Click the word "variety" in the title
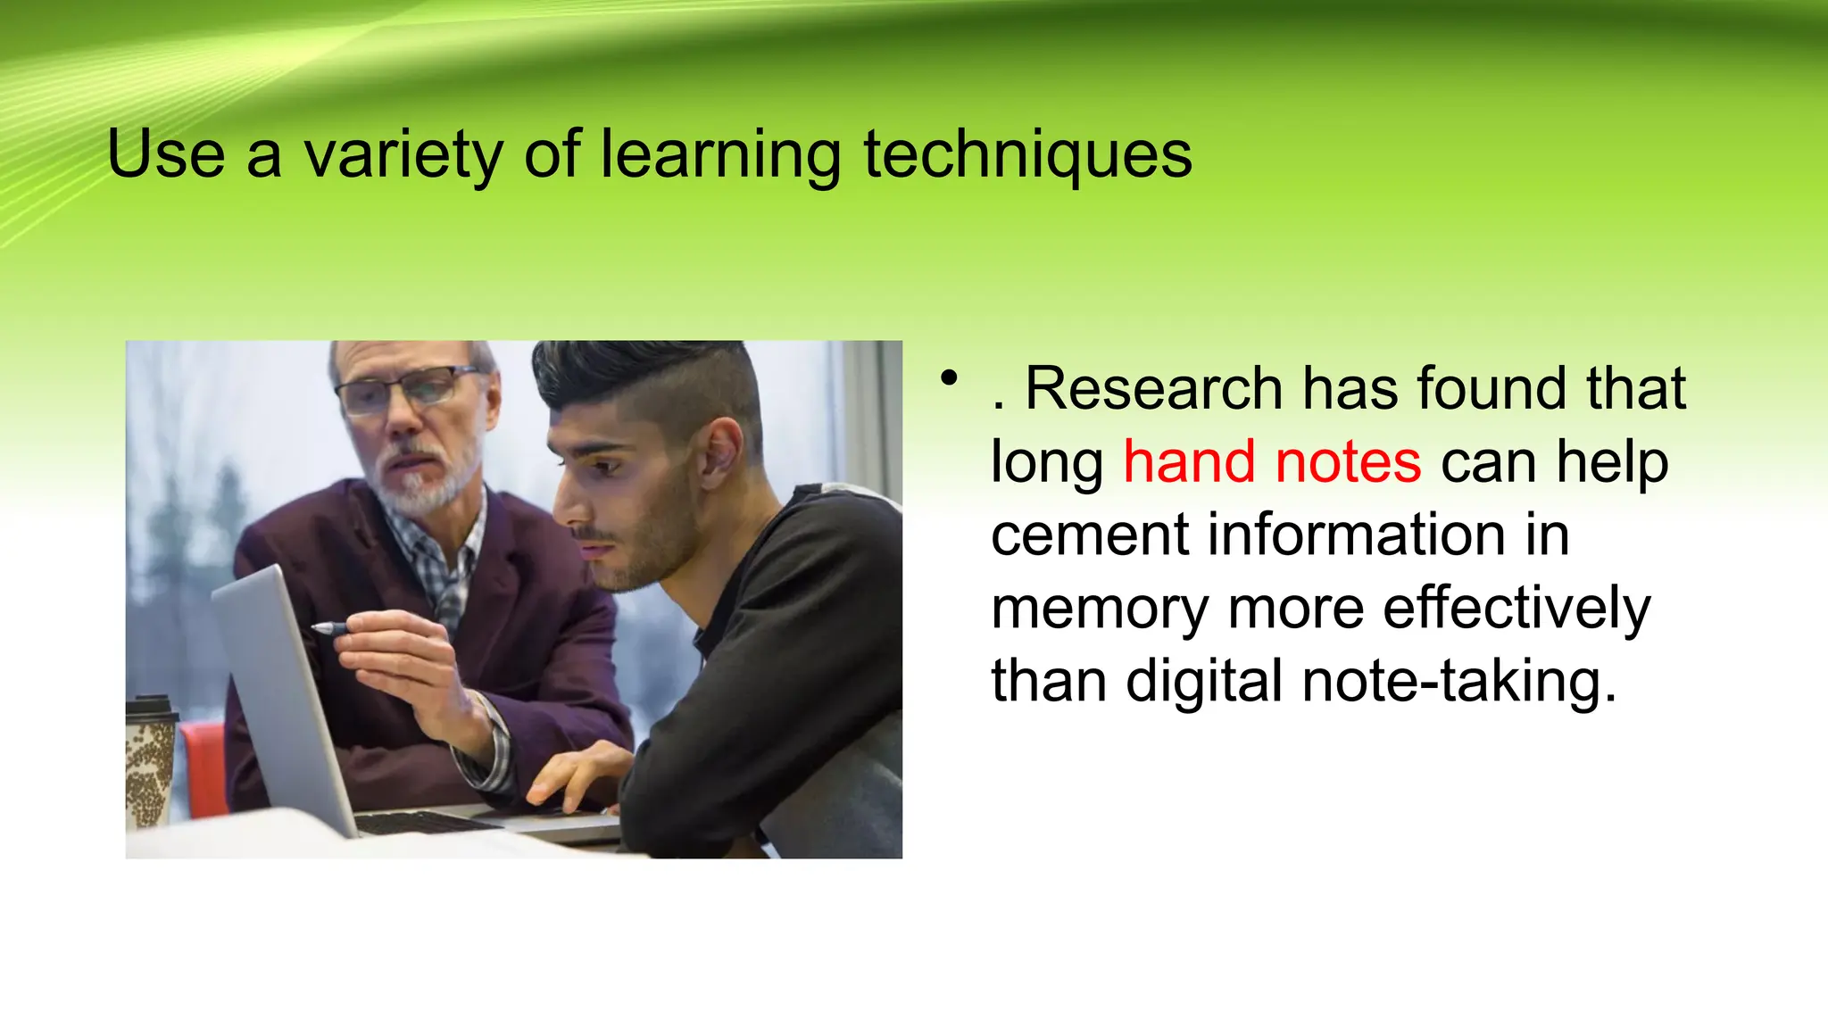(x=403, y=154)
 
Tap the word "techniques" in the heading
(x=1027, y=154)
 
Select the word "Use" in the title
(x=166, y=154)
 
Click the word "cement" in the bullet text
(x=1090, y=535)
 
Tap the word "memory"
(x=1100, y=609)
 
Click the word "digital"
(x=1204, y=682)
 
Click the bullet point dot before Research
(x=949, y=378)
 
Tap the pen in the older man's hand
(x=331, y=628)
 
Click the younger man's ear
(x=720, y=451)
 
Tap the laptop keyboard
(x=428, y=822)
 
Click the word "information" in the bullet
(x=1357, y=535)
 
